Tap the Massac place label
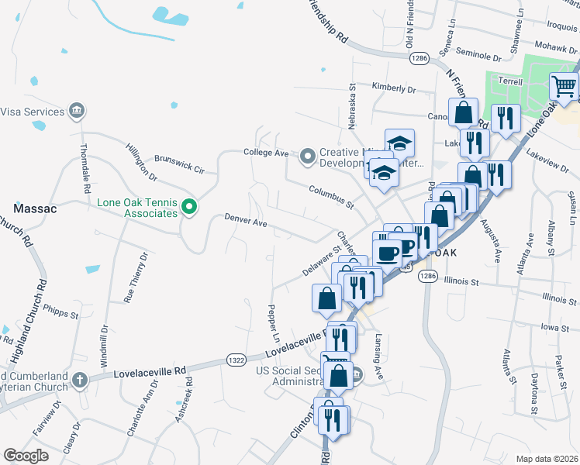[x=32, y=208]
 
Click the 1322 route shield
[x=236, y=359]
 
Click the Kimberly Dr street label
[x=394, y=88]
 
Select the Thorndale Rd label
[x=85, y=167]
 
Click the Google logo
[x=26, y=456]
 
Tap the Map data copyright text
[x=547, y=459]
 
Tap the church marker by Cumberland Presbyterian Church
[x=78, y=379]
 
